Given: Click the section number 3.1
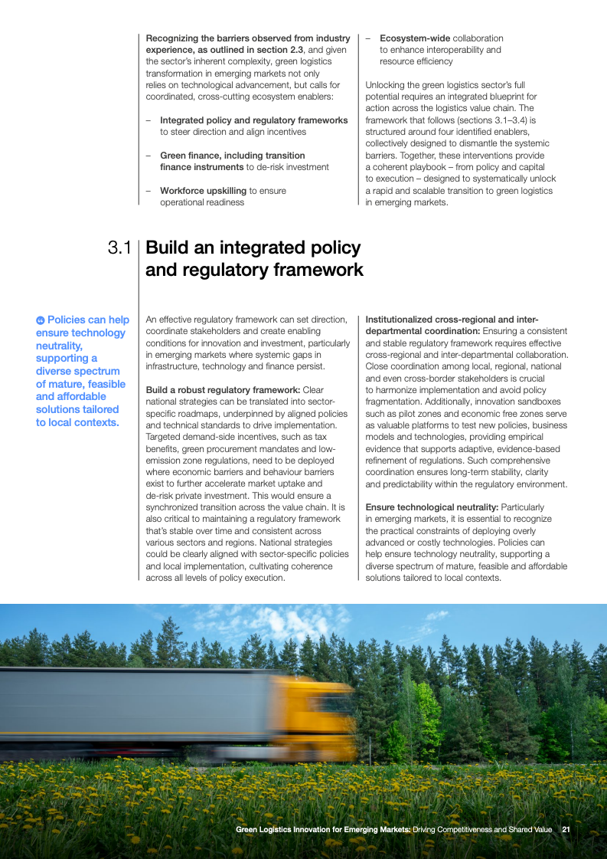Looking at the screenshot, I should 120,248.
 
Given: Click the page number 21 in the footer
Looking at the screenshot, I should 566,830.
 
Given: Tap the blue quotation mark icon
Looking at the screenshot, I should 41,320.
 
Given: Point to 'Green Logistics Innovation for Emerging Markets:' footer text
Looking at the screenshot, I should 323,830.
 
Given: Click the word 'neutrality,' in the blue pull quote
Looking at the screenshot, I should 59,346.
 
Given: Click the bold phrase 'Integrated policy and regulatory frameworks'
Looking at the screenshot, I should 253,120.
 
